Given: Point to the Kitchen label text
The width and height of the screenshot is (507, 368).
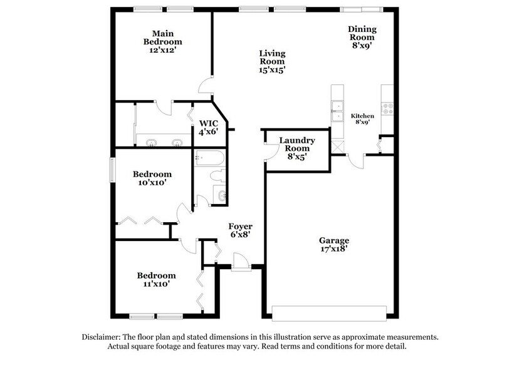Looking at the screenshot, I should [x=362, y=116].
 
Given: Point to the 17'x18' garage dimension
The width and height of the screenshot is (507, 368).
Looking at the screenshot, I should [x=333, y=249].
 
